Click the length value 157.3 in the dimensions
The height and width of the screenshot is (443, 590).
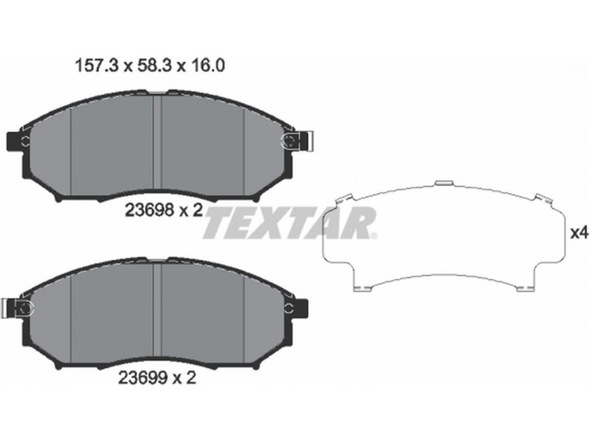[x=97, y=66]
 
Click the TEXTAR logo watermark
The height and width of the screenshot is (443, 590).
[x=290, y=223]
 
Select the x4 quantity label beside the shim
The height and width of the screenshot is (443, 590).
[x=580, y=233]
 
